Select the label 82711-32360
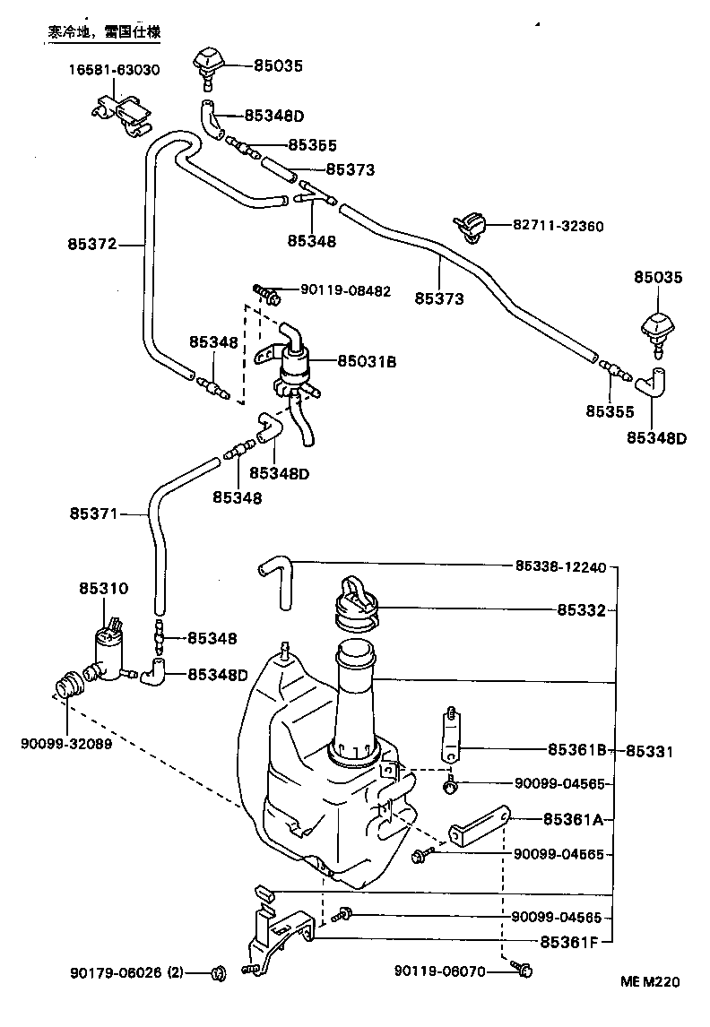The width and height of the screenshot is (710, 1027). (558, 227)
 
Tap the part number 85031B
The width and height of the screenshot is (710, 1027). (367, 361)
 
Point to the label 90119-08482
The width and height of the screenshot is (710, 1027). (345, 290)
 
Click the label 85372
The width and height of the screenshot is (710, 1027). (91, 242)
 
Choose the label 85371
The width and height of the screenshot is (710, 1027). (93, 514)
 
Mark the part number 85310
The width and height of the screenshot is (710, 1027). (104, 589)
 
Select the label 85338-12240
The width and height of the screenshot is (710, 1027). (561, 566)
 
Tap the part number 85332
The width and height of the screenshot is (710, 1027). (581, 610)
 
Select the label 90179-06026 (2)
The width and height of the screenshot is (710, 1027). (126, 971)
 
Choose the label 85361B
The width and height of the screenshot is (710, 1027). (578, 749)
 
